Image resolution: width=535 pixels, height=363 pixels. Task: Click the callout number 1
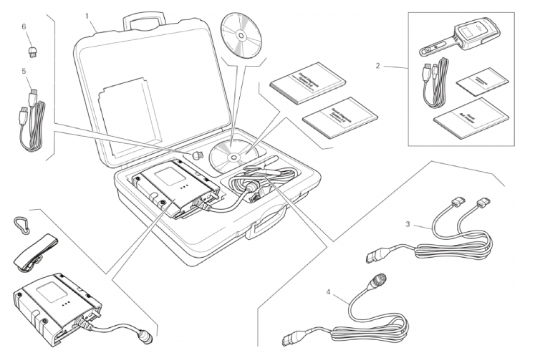[88, 14]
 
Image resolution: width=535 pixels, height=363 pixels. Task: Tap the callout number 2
[377, 67]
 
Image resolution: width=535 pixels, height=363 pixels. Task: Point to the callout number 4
[329, 293]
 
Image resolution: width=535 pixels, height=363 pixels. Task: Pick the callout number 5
[24, 72]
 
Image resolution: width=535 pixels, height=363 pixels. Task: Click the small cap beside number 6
[32, 51]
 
